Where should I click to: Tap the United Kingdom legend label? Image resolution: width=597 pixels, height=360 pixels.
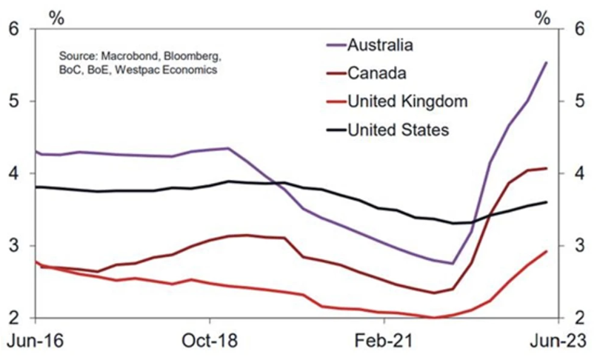[414, 101]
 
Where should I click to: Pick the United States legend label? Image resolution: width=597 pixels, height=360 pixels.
[407, 130]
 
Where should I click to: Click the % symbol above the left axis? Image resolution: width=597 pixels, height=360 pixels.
[57, 13]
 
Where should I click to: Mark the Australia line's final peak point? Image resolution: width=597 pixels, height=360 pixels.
[547, 62]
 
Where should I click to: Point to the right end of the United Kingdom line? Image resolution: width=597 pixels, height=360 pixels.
[547, 251]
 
